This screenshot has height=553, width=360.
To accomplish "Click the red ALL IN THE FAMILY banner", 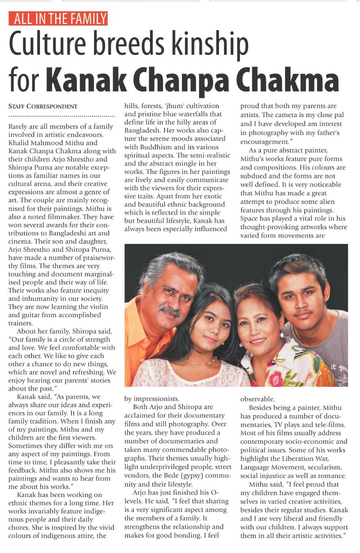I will coord(58,19).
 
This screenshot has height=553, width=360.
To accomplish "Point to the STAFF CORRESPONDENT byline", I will coord(43,106).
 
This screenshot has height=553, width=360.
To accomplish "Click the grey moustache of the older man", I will coord(170,311).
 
